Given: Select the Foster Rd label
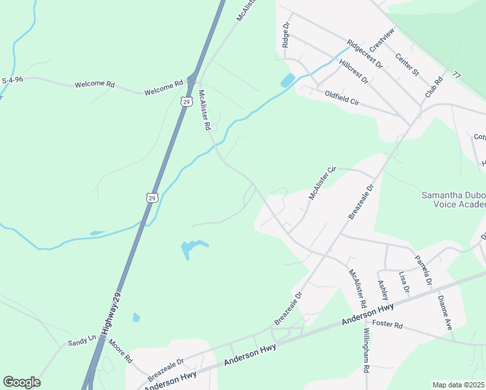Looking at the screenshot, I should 389,325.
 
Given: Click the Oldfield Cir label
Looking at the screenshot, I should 342,97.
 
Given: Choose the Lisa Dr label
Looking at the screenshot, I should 404,282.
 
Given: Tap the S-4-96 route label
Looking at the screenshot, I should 13,80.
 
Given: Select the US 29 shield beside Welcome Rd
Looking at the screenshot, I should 186,102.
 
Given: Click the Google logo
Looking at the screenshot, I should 21,382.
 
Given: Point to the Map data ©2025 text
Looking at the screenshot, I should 457,385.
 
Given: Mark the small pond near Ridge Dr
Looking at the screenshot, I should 287,81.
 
